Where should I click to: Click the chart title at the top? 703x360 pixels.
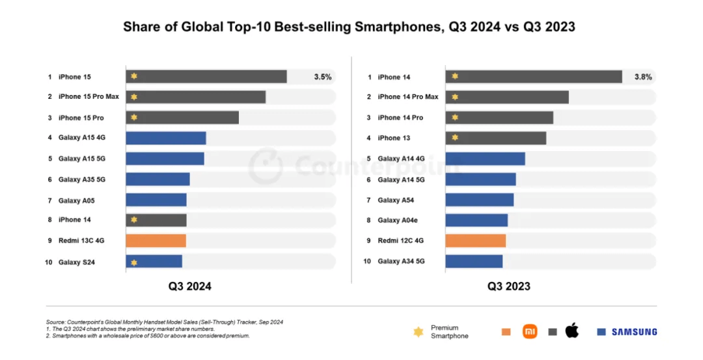pos(350,27)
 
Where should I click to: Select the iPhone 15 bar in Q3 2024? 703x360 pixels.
pos(206,77)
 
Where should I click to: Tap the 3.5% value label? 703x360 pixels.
pos(323,77)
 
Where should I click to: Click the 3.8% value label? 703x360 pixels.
pos(643,77)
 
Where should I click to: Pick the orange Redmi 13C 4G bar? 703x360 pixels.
pos(156,241)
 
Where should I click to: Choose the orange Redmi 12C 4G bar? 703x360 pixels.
pos(476,241)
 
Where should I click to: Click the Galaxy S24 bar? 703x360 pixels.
pos(154,262)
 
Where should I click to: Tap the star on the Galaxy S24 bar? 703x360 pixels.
pos(134,262)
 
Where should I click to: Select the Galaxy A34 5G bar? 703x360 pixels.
pos(474,262)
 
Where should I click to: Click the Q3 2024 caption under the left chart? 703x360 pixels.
pos(190,286)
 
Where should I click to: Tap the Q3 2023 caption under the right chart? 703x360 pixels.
pos(509,286)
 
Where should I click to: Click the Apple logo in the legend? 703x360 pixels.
pos(572,331)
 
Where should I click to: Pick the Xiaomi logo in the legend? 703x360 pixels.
pos(530,332)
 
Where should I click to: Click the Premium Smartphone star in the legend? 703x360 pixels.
pos(419,332)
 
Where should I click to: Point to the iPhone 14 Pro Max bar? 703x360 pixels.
pos(507,97)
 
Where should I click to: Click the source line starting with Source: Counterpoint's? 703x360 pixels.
pos(165,322)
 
